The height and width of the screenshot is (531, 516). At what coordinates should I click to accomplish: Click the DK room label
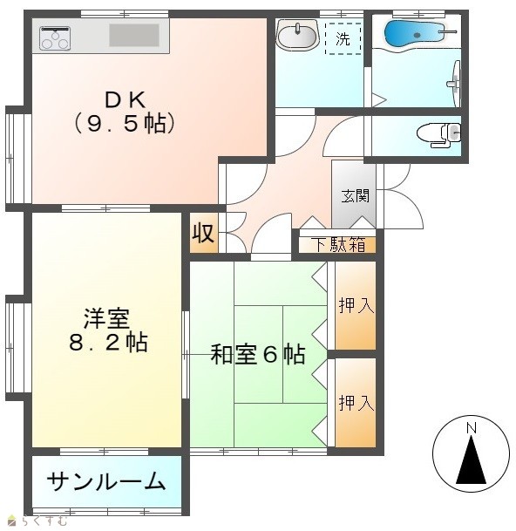tap(125, 100)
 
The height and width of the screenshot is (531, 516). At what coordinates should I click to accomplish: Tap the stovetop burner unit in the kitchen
tap(55, 38)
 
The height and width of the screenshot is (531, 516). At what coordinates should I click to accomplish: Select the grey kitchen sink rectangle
tap(134, 35)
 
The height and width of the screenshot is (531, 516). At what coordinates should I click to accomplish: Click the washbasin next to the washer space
tap(297, 34)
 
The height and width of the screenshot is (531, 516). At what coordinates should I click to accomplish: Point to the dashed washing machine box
tap(343, 38)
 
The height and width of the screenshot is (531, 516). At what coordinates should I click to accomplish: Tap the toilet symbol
tap(438, 135)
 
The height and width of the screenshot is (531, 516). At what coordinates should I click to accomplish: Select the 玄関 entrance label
tap(355, 196)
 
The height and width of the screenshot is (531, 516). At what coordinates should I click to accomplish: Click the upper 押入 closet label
tap(356, 305)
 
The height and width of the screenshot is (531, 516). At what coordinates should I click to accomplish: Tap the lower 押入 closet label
tap(356, 403)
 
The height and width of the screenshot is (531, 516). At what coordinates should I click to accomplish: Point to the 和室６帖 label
tap(258, 354)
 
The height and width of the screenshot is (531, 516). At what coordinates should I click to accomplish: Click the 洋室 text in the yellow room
tap(106, 317)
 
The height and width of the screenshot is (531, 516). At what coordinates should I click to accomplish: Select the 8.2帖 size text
tap(108, 343)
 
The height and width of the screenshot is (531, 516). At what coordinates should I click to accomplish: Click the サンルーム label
tap(106, 481)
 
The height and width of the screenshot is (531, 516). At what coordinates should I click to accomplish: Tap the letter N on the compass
tap(472, 428)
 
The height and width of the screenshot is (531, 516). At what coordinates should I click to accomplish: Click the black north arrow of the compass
tap(471, 460)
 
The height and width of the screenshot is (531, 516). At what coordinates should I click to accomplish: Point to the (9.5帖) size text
tap(125, 123)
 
